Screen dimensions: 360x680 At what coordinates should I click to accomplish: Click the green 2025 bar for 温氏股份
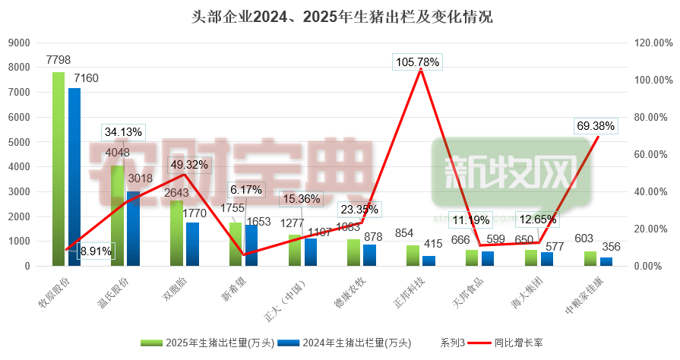117,216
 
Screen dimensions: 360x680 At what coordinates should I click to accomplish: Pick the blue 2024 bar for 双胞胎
192,244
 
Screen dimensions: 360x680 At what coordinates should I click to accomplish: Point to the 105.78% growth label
416,62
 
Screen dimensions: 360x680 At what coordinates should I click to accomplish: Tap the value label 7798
59,59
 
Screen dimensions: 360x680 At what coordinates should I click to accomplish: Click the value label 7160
86,77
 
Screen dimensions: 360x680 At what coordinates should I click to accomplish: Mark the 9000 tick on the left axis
21,43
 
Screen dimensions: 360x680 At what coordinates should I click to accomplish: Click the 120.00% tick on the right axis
652,43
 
